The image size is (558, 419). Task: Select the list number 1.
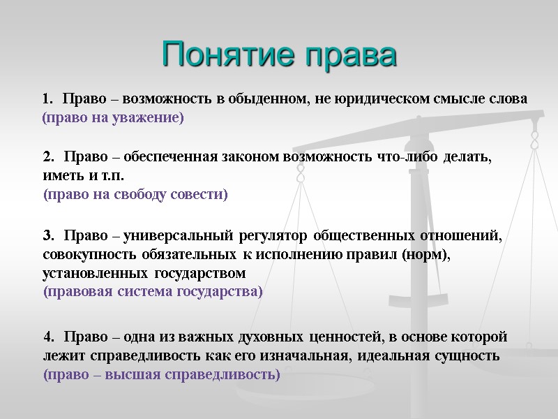pyautogui.click(x=47, y=99)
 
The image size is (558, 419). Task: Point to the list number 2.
pyautogui.click(x=47, y=157)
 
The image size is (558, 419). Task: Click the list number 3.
pyautogui.click(x=47, y=235)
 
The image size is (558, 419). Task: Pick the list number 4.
pyautogui.click(x=47, y=337)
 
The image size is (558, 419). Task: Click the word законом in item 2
pyautogui.click(x=250, y=157)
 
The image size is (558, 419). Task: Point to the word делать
pyautogui.click(x=467, y=157)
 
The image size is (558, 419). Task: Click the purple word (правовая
pyautogui.click(x=73, y=291)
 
